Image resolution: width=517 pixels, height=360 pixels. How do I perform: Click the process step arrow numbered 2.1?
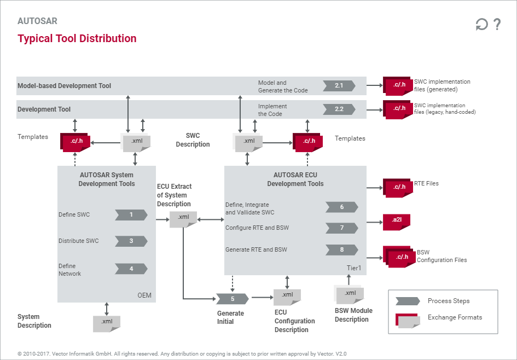(339, 85)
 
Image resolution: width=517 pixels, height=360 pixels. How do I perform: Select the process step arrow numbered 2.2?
(339, 109)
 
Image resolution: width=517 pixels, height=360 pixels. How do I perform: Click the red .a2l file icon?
(397, 220)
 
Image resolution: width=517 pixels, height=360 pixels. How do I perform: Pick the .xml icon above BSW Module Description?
(350, 294)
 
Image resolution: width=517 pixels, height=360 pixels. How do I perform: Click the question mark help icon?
(497, 25)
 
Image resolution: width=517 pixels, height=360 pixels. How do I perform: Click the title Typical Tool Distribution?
(77, 39)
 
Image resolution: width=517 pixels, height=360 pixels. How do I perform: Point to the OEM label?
(144, 296)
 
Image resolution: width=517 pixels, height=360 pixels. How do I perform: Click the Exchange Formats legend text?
(455, 317)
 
